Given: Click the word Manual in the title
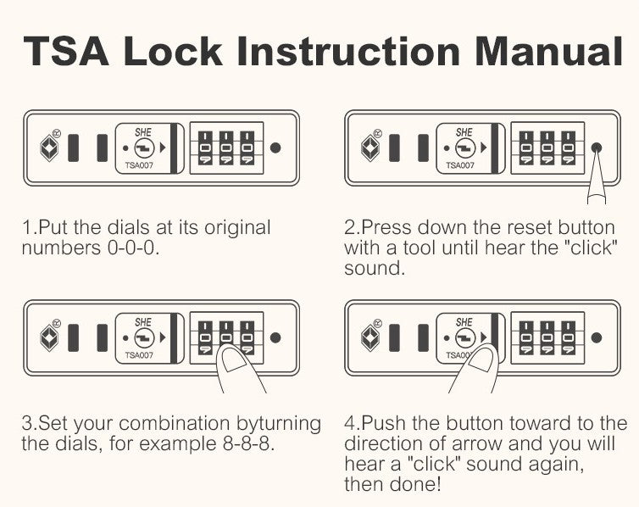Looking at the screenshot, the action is tap(548, 52).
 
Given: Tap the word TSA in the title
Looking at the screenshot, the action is tap(66, 52).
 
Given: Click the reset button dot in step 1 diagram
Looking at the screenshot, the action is tap(275, 148).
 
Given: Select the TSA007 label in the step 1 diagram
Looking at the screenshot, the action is tap(139, 165).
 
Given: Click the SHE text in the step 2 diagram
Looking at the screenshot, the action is tap(464, 132).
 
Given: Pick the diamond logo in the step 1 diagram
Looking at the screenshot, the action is tap(49, 148).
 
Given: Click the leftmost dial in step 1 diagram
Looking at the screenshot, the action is tap(205, 148).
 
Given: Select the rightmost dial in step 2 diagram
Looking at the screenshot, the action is tap(568, 148).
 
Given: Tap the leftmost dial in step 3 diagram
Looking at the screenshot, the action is tap(205, 338).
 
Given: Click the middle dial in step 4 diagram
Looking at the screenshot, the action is tap(547, 338).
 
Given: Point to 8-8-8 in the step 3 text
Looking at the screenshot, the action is tap(246, 443).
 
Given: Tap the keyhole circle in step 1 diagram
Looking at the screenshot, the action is tap(144, 148).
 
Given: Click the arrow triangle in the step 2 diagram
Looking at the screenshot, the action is tap(484, 148).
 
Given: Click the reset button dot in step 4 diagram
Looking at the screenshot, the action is tap(597, 338).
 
